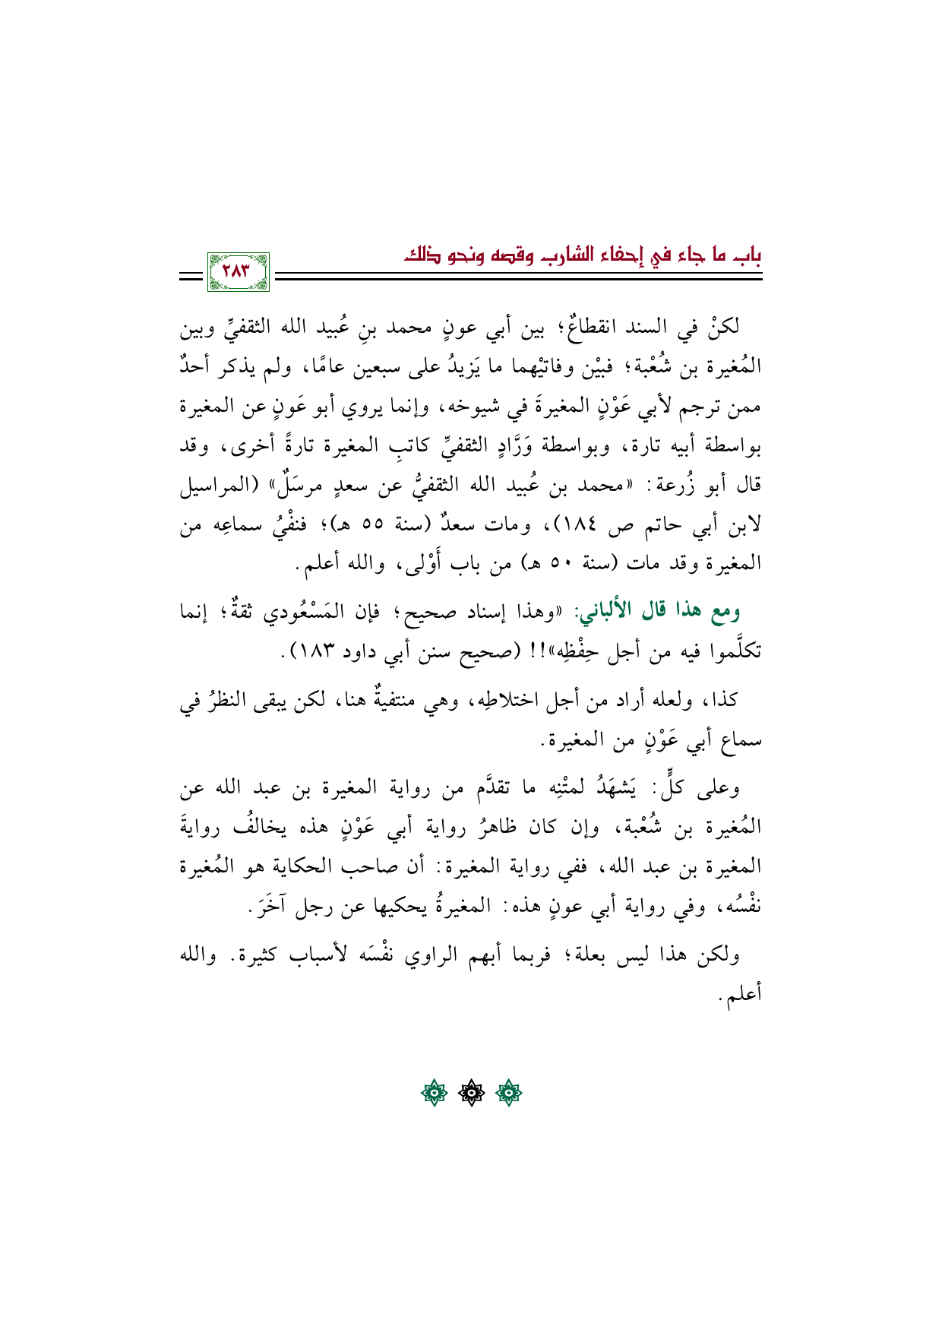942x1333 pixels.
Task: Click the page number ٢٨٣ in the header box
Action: click(x=239, y=271)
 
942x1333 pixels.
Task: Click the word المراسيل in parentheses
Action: click(x=216, y=486)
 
